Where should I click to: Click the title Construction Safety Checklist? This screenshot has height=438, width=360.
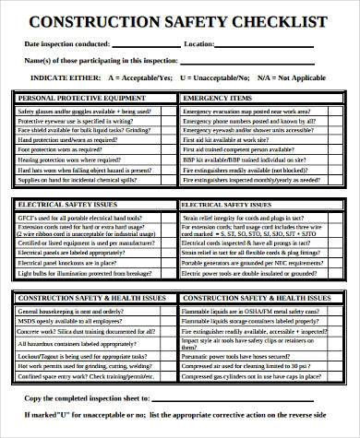coord(180,21)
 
